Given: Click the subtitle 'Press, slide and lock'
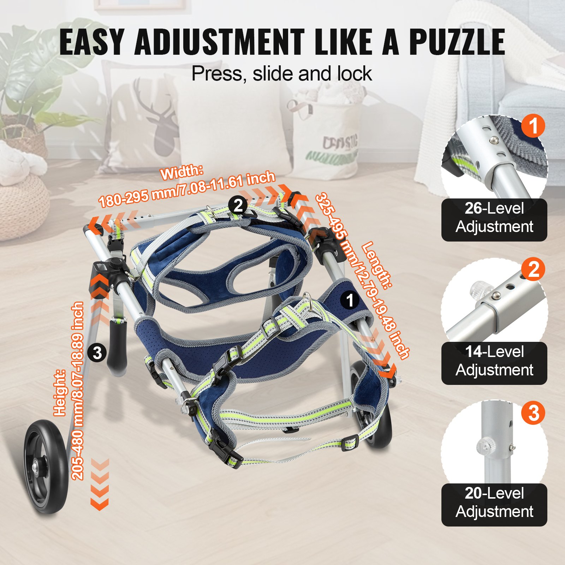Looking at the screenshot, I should (x=281, y=74).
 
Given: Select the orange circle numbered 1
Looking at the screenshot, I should (x=533, y=126).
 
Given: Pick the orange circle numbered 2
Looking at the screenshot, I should (x=533, y=269).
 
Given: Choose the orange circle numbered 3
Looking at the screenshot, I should (x=533, y=412).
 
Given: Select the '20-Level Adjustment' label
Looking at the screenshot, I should (x=494, y=503).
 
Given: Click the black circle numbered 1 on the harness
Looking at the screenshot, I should (x=350, y=300).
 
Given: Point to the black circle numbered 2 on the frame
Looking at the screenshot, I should (x=238, y=205).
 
